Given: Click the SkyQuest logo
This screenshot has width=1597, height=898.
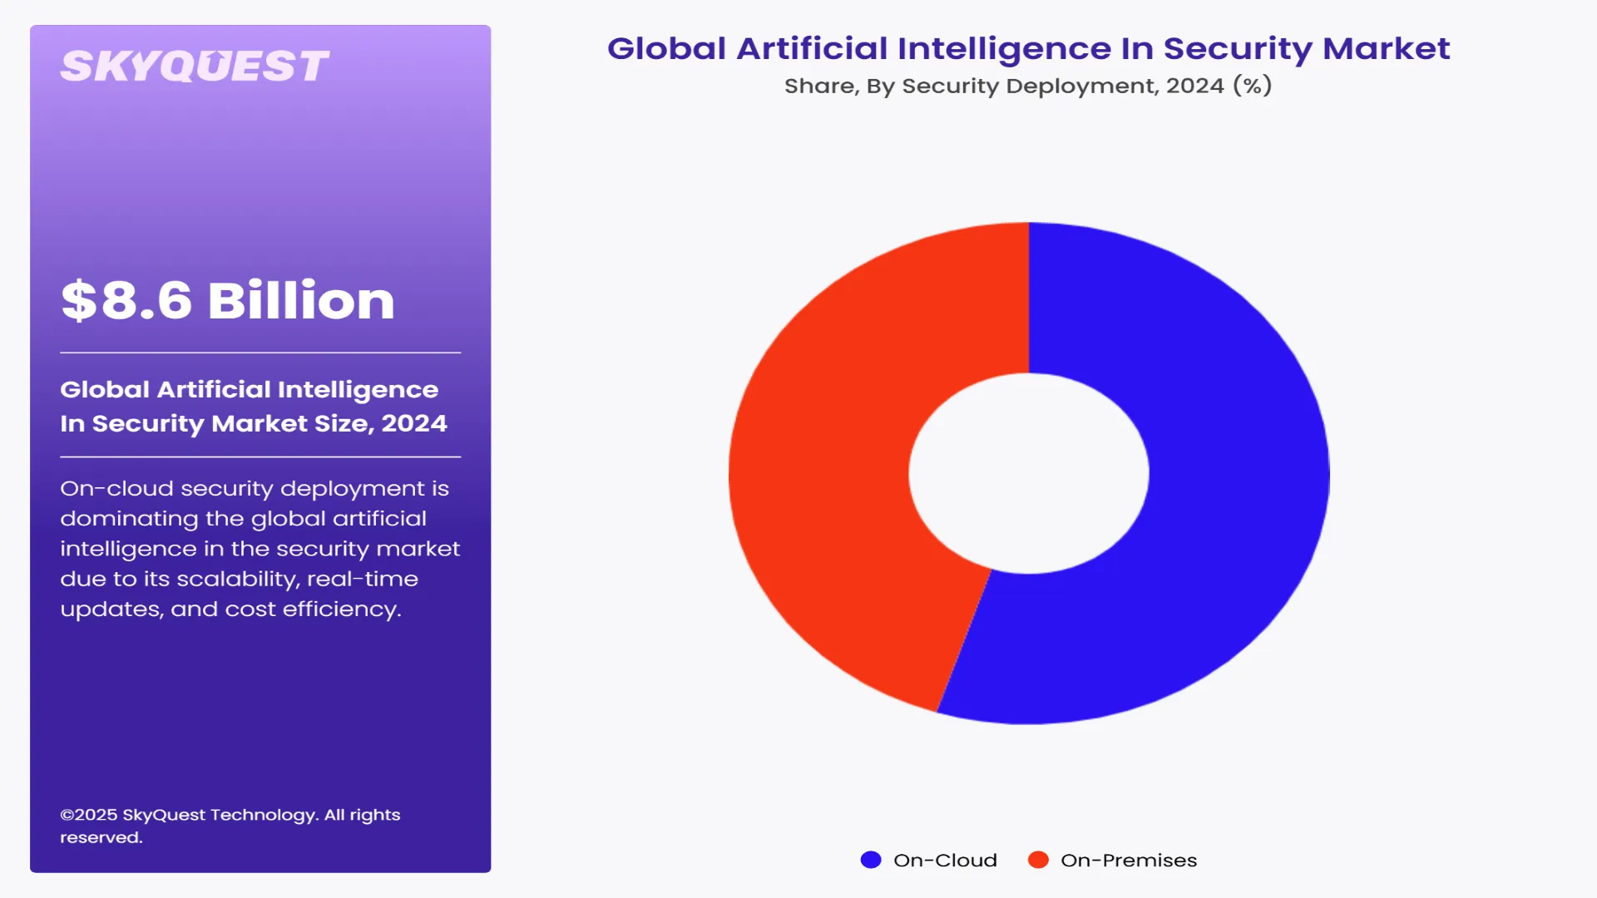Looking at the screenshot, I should pyautogui.click(x=195, y=67).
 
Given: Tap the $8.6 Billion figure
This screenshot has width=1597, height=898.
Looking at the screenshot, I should pyautogui.click(x=227, y=300).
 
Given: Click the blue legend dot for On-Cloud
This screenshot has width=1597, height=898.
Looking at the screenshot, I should pyautogui.click(x=870, y=860).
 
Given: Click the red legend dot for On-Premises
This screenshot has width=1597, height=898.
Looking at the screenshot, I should pyautogui.click(x=1038, y=860).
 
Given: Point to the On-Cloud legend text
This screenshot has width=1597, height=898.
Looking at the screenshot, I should pyautogui.click(x=945, y=861).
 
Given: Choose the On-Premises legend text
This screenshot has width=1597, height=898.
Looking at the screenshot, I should pyautogui.click(x=1129, y=861).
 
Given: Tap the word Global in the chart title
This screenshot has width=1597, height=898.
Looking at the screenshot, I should pyautogui.click(x=666, y=49).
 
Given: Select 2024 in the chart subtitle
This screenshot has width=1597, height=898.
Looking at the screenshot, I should pyautogui.click(x=1194, y=86).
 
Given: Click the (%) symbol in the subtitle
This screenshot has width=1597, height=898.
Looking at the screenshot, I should pyautogui.click(x=1253, y=86).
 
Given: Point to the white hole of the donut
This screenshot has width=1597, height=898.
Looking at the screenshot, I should pyautogui.click(x=1029, y=473).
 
